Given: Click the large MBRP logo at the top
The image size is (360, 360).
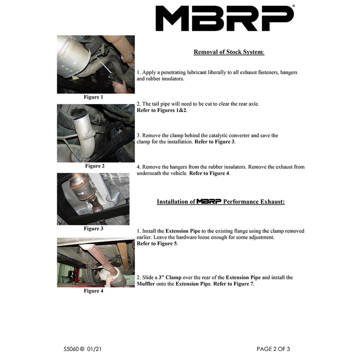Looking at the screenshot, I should tap(225, 18).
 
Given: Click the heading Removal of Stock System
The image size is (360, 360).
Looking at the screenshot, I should tap(229, 52).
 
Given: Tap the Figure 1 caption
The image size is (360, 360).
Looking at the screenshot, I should tap(93, 97).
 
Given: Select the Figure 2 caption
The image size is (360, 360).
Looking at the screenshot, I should tap(94, 166).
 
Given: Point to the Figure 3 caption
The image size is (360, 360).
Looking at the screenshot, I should tap(93, 228).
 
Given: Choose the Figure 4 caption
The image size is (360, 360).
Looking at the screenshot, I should tap(93, 291).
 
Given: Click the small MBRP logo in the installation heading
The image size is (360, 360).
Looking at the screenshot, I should tap(209, 201).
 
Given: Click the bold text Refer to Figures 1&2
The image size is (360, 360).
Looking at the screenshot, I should tap(162, 110).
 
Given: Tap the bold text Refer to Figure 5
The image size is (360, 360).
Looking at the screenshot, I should tap(157, 244).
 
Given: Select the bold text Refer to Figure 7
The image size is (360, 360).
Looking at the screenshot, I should tap(234, 284).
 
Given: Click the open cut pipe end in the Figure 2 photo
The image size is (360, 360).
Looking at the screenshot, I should tap(80, 119).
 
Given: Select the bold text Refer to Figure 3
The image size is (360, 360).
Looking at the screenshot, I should tap(214, 142).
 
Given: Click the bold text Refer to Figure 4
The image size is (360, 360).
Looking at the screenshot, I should tap(209, 173).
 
